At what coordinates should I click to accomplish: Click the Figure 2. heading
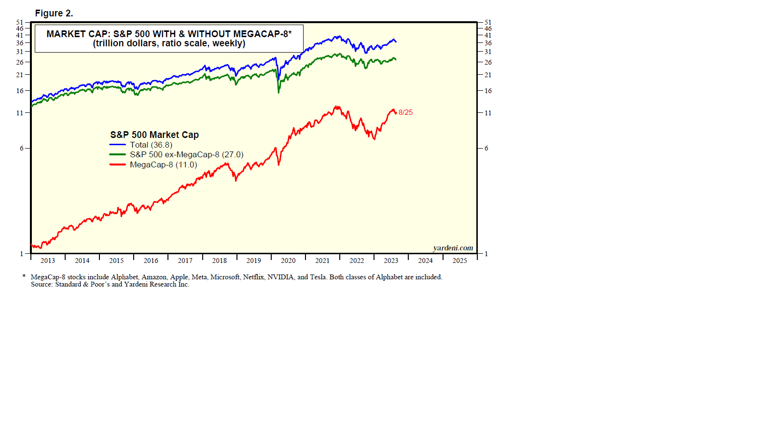click(54, 14)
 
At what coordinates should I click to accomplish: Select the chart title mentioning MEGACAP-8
click(169, 34)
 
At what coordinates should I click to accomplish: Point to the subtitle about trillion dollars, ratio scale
click(169, 43)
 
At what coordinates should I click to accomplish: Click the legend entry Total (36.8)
click(151, 145)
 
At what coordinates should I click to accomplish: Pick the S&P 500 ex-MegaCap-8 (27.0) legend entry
click(186, 155)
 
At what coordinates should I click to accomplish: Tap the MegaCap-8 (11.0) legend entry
click(163, 165)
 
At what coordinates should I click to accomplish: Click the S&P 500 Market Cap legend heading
click(154, 135)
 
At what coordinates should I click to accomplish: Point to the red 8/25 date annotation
click(405, 112)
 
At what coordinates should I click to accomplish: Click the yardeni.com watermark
click(453, 248)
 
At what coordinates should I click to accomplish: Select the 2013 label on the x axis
click(48, 261)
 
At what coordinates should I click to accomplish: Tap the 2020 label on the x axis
click(288, 261)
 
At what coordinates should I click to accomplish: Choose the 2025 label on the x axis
click(459, 261)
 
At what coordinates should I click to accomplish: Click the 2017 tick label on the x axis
click(185, 261)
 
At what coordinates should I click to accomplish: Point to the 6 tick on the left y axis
click(21, 148)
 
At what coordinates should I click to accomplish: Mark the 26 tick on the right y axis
click(488, 62)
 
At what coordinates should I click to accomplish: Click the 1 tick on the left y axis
click(21, 254)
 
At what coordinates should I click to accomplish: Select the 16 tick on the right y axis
click(488, 91)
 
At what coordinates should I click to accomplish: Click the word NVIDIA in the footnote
click(280, 277)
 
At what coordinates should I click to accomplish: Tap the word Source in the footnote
click(41, 285)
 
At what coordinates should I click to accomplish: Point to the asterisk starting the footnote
click(24, 276)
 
